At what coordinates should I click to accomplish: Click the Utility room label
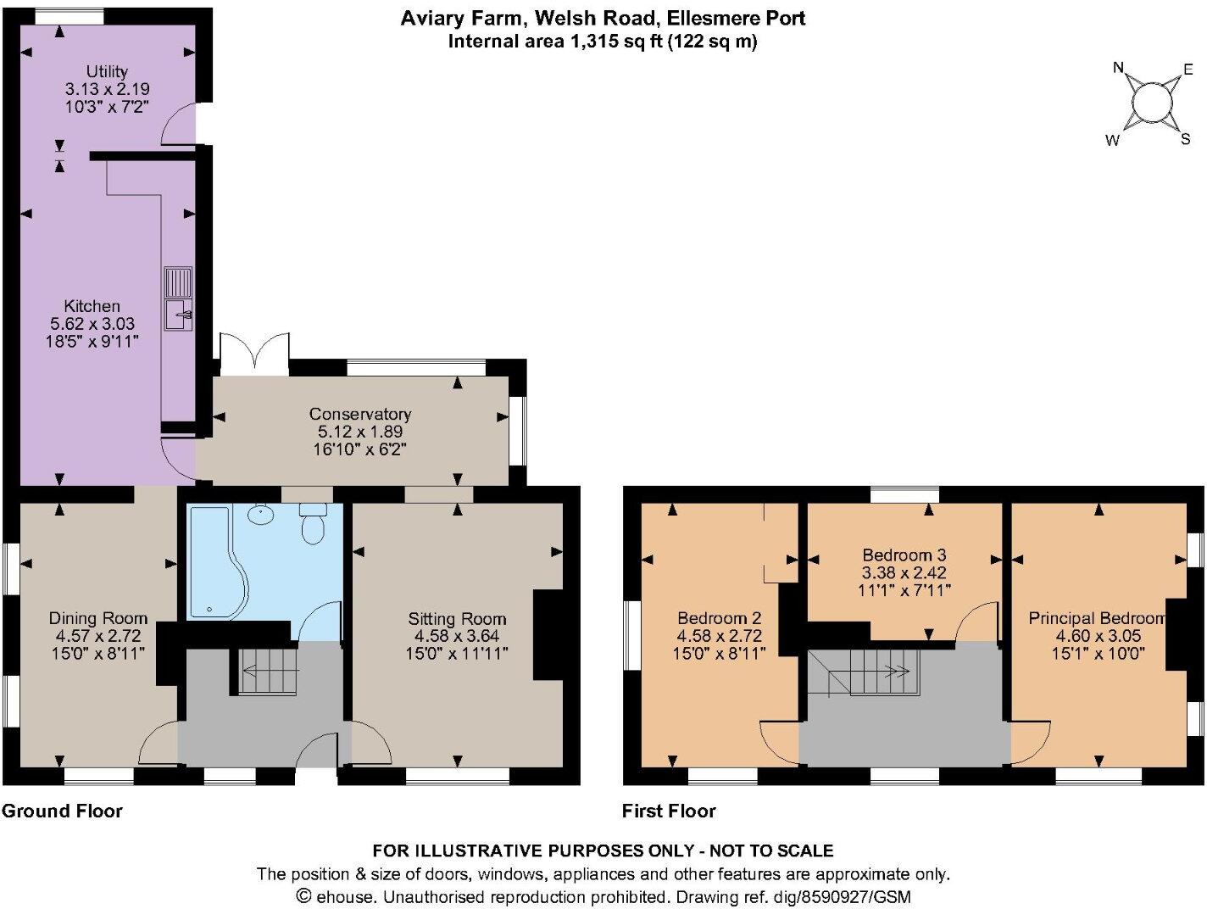[108, 71]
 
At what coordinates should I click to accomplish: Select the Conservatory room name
[360, 414]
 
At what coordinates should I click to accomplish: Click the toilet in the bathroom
[313, 523]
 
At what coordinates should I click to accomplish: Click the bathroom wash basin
[261, 516]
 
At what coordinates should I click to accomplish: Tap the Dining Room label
[98, 618]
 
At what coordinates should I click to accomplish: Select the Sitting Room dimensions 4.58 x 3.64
[457, 636]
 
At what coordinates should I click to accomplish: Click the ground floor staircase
[269, 672]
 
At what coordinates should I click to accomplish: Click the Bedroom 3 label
[904, 555]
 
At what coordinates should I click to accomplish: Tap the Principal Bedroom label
[1097, 618]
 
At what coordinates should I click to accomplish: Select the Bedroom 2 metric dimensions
[720, 636]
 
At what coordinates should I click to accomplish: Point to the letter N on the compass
[1118, 68]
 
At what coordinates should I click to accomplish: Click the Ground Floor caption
[62, 811]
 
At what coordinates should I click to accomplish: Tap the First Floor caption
[669, 811]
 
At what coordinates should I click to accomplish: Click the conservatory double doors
[254, 353]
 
